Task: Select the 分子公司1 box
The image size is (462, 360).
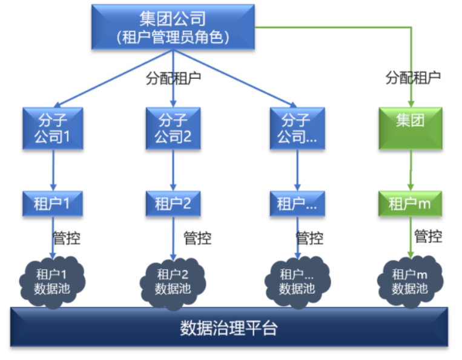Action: (53, 128)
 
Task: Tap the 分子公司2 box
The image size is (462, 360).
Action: (174, 128)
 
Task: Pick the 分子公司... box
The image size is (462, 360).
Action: (297, 128)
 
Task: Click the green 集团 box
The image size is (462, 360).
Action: (411, 128)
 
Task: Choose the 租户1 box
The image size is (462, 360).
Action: (53, 203)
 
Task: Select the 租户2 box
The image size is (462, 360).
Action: (174, 203)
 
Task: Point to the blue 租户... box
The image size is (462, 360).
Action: (297, 203)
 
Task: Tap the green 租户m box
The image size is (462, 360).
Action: (411, 203)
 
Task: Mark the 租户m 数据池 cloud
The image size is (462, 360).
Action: (410, 281)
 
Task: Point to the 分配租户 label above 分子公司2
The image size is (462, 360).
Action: (174, 78)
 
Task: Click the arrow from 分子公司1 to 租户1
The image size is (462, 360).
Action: (53, 170)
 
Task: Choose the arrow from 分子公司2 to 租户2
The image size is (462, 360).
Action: (174, 170)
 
